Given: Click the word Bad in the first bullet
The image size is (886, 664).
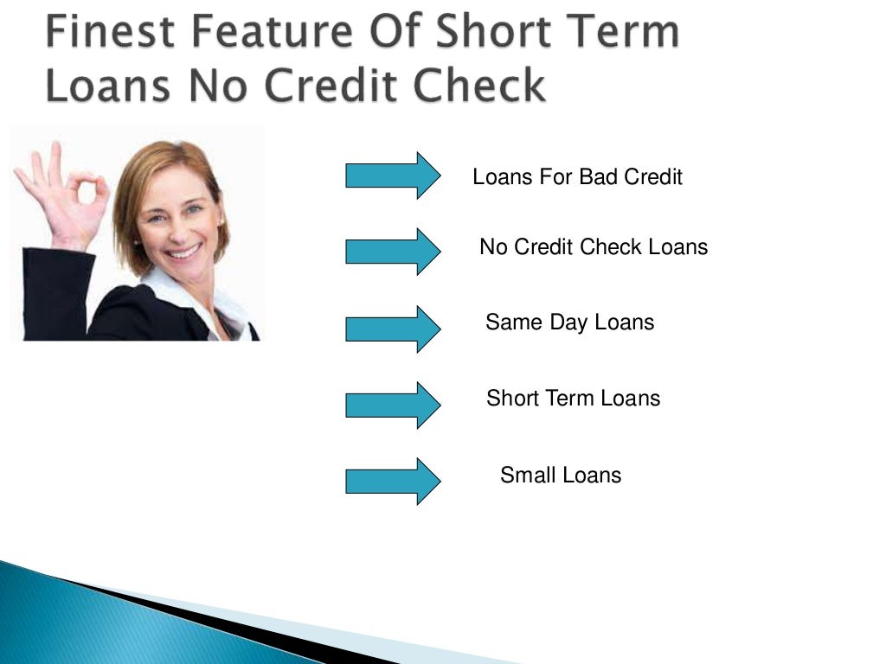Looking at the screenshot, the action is (597, 177).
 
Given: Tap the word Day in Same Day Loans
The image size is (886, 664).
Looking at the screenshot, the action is (568, 322).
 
